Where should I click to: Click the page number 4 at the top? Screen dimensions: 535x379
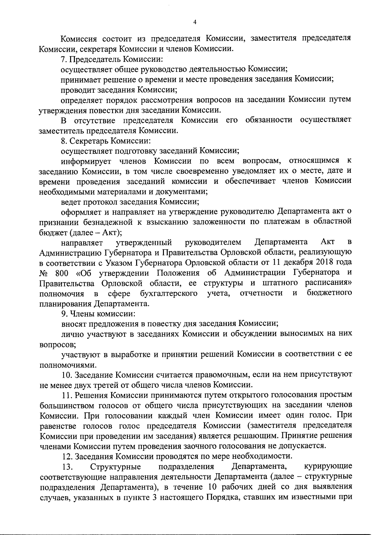coord(195,22)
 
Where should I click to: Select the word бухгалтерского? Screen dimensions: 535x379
coord(169,294)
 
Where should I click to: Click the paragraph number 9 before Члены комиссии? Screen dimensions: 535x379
coord(63,314)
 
